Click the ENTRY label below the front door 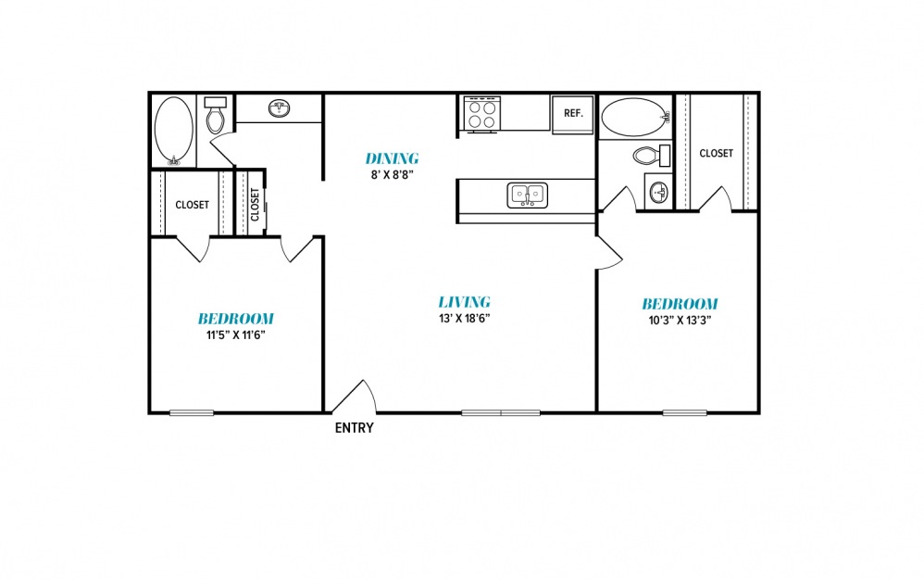tap(355, 428)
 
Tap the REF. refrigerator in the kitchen tap(573, 114)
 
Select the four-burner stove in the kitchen tap(482, 114)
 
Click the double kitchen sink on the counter tap(528, 195)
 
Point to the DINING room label tap(392, 158)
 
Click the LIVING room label tap(465, 302)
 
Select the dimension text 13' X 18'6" tap(465, 319)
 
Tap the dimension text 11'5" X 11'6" tap(236, 335)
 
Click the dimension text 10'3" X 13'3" tap(680, 321)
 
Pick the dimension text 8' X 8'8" tap(393, 174)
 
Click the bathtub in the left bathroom tap(173, 131)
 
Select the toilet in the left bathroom tap(215, 115)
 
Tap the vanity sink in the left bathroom tap(280, 108)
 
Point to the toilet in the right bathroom tap(652, 156)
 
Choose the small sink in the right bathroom tap(658, 192)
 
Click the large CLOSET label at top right tap(716, 153)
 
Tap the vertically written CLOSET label tap(255, 204)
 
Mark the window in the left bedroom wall tap(192, 412)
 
